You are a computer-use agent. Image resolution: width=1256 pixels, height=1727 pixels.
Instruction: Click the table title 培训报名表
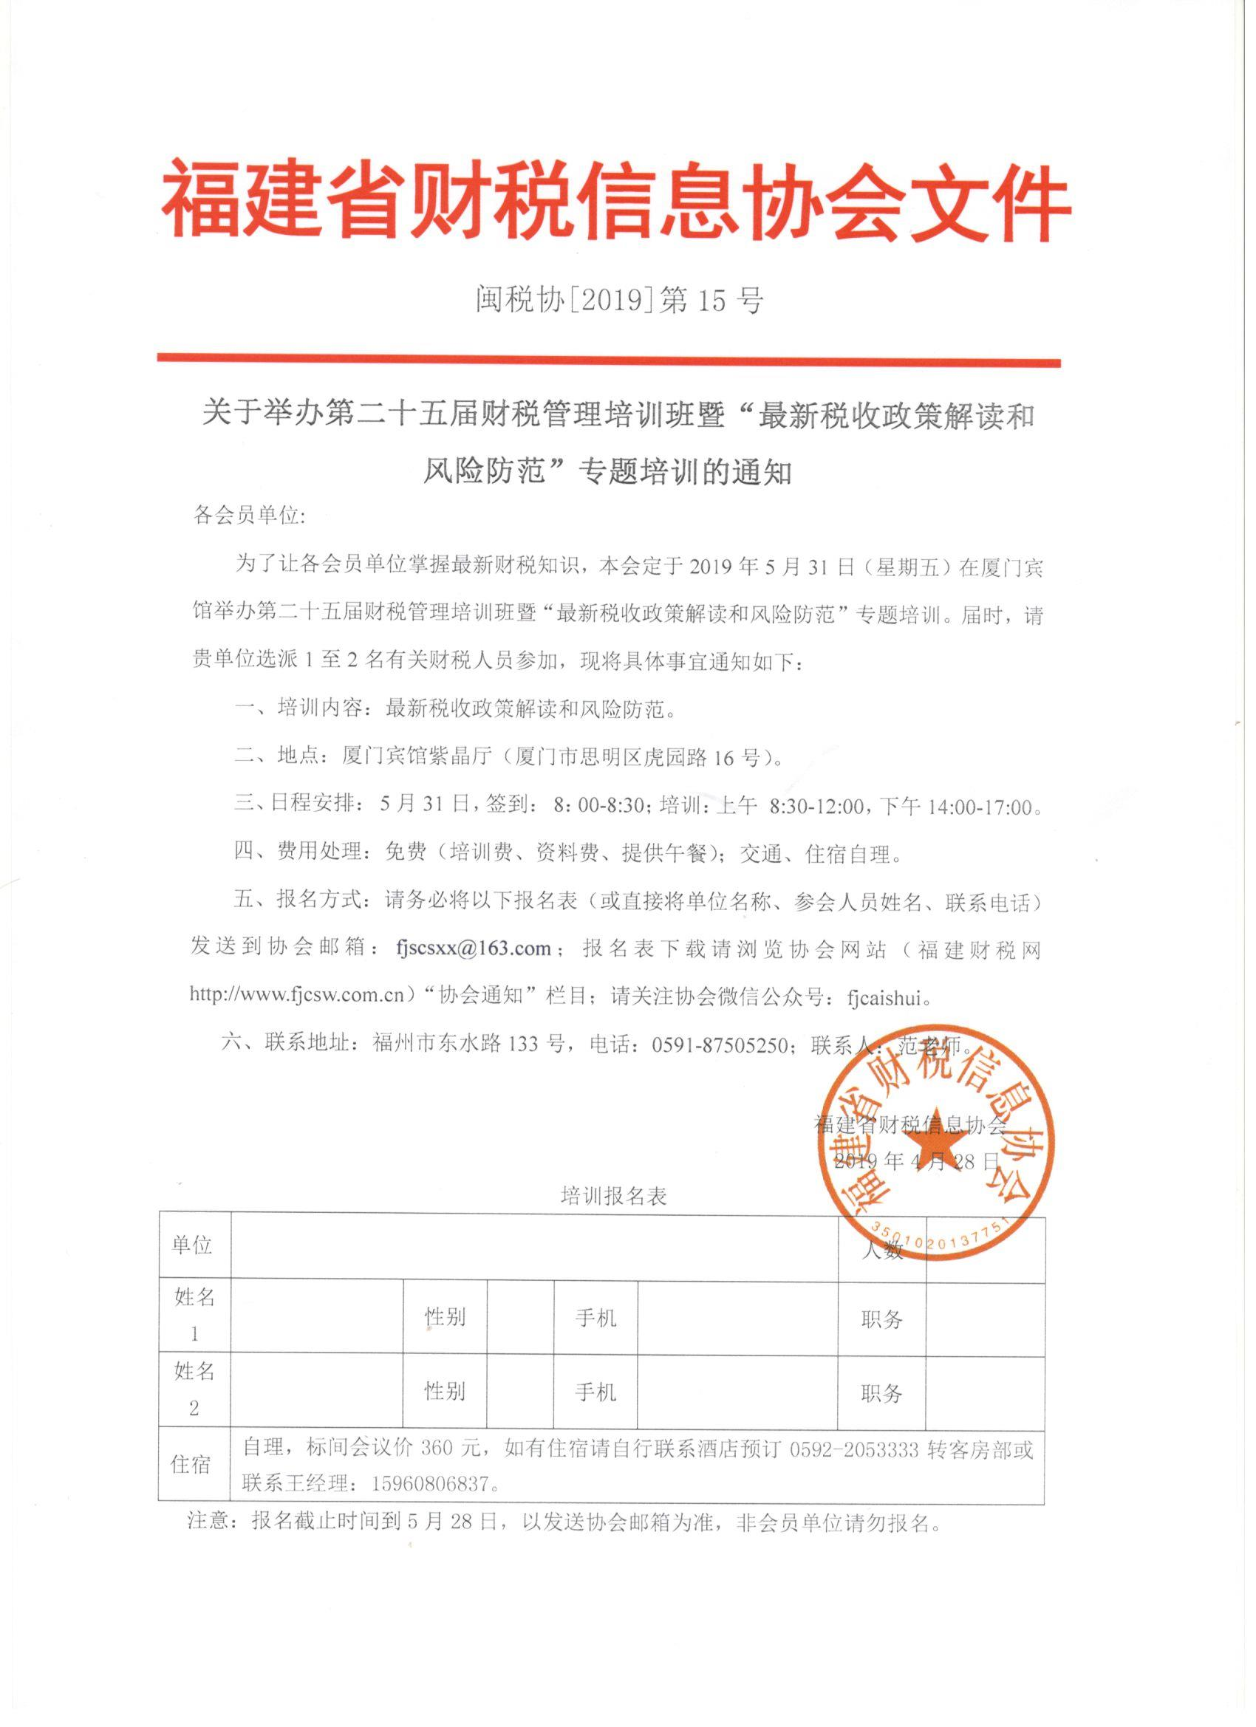tap(614, 1196)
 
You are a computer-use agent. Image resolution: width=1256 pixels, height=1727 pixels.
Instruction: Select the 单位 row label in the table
tap(192, 1245)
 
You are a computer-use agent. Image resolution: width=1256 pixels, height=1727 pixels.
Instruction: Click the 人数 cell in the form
tap(882, 1251)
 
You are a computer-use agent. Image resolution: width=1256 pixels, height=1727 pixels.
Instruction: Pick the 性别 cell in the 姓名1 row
tap(445, 1316)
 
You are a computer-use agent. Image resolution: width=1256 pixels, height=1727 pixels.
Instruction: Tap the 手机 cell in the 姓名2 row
tap(595, 1392)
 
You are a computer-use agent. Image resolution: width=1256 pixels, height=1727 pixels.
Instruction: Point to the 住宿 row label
tap(191, 1463)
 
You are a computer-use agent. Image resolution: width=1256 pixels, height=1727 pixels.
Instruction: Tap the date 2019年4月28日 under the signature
tap(916, 1160)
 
